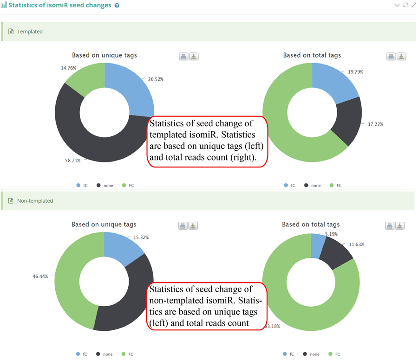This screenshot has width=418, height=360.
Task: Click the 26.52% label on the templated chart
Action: coord(156,79)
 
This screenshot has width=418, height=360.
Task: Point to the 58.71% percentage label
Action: coord(73,161)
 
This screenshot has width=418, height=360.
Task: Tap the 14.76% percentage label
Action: coord(68,68)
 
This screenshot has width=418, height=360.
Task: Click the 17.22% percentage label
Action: coord(376,124)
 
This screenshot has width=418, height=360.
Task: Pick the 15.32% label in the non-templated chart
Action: coord(141,238)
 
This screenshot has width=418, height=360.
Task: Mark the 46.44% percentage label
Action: coord(40,276)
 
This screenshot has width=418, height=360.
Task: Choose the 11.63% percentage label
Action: coord(357,244)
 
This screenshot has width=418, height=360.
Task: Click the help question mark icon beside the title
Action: coord(117,6)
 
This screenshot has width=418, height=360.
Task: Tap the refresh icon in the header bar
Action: coord(405,5)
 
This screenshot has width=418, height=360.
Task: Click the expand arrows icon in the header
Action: coord(413,5)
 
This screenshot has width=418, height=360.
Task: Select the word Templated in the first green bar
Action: coord(30,32)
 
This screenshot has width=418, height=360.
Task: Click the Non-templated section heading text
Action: coord(35,201)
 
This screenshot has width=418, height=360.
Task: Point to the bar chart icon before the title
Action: coord(4,6)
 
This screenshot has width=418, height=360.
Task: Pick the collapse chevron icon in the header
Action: coord(397,5)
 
